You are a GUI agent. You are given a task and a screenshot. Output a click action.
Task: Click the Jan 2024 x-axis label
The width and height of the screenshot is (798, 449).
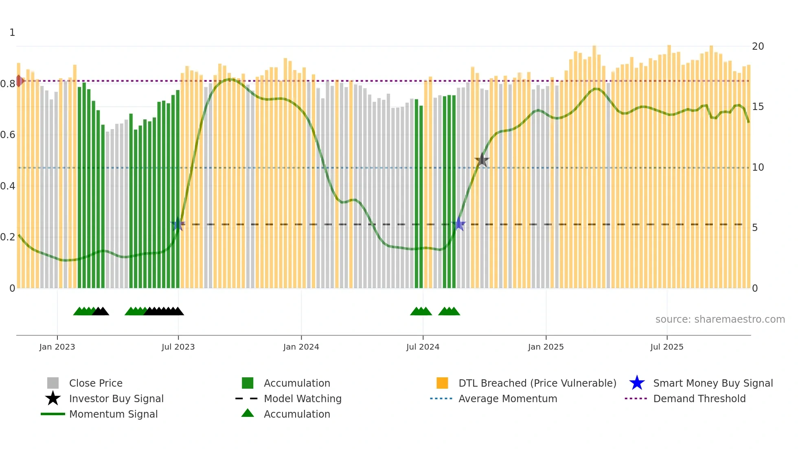pyautogui.click(x=301, y=347)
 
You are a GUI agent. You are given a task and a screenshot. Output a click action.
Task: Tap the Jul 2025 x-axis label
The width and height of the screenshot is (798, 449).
pyautogui.click(x=666, y=347)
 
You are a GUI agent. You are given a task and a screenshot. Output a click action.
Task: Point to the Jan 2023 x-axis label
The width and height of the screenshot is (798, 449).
pyautogui.click(x=57, y=347)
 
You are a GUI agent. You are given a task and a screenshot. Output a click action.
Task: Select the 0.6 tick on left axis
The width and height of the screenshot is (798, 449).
pyautogui.click(x=8, y=135)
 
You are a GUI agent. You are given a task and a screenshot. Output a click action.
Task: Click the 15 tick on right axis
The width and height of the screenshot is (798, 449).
pyautogui.click(x=758, y=107)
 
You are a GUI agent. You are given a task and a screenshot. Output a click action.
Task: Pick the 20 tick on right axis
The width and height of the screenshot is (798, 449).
pyautogui.click(x=758, y=46)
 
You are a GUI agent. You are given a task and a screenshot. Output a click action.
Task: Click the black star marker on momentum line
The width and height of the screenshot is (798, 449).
pyautogui.click(x=482, y=160)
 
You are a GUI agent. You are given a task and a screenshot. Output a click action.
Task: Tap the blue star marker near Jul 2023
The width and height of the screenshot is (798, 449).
pyautogui.click(x=177, y=224)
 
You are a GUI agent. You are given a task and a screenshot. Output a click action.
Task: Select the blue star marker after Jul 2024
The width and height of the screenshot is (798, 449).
pyautogui.click(x=459, y=224)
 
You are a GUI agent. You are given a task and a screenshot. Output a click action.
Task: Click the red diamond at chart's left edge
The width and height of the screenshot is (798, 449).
pyautogui.click(x=19, y=81)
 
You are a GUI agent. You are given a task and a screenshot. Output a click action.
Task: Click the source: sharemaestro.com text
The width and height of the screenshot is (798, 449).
pyautogui.click(x=720, y=319)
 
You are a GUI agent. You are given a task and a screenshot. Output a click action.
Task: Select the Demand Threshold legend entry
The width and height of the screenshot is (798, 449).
pyautogui.click(x=699, y=398)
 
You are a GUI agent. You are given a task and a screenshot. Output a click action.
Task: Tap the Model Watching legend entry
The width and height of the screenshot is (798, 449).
pyautogui.click(x=302, y=398)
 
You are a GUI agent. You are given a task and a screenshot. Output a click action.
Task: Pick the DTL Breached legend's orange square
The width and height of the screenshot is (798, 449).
pyautogui.click(x=442, y=383)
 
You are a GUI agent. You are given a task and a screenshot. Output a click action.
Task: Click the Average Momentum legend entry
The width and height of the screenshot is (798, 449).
pyautogui.click(x=507, y=398)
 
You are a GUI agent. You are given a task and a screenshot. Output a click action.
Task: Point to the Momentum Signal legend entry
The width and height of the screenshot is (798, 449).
pyautogui.click(x=113, y=414)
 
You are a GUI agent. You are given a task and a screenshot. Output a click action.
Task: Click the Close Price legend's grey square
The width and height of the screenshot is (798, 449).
pyautogui.click(x=53, y=383)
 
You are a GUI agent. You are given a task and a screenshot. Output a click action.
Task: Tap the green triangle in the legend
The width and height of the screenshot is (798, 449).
pyautogui.click(x=248, y=413)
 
